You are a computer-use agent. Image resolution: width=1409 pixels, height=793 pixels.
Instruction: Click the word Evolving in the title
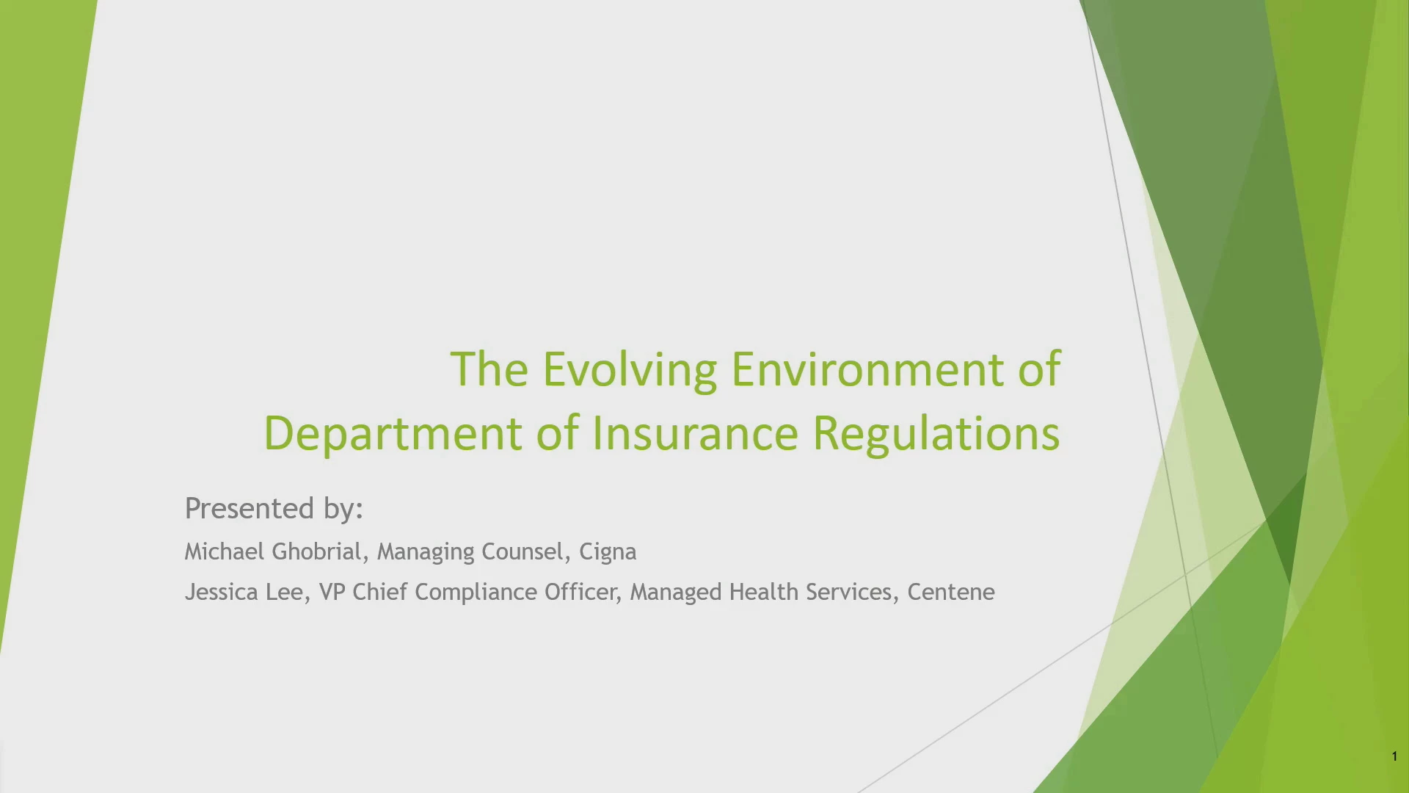coord(630,369)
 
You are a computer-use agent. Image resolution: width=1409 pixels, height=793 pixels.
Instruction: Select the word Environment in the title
coord(867,369)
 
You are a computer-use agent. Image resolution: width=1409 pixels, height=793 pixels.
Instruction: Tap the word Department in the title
coord(393,433)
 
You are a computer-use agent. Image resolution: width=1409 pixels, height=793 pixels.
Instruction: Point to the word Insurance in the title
coord(695,433)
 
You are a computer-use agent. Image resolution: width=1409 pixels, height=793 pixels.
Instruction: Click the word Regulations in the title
coord(936,433)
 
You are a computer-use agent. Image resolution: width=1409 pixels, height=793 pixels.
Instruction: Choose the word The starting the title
coord(489,369)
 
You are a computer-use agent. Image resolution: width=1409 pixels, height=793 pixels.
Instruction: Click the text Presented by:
coord(274,508)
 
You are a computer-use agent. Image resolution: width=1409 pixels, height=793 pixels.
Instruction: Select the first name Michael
coord(224,551)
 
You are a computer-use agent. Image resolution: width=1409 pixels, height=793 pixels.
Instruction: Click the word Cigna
coord(608,552)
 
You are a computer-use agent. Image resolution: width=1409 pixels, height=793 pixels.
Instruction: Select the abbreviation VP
coord(332,592)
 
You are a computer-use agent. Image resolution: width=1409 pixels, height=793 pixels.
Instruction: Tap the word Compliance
coord(476,593)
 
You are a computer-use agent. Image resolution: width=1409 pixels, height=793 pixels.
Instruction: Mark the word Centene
coord(951,592)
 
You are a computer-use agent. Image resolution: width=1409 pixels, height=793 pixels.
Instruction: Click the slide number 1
coord(1394,756)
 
